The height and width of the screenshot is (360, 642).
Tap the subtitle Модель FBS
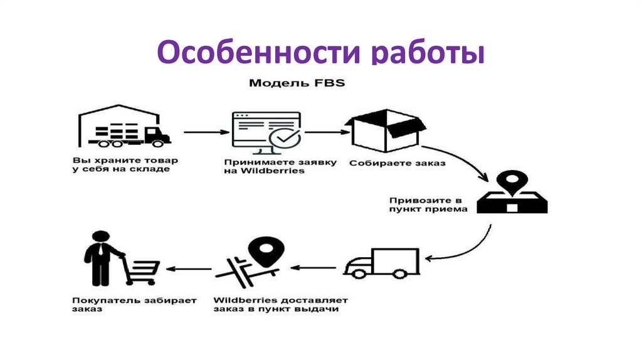tap(297, 83)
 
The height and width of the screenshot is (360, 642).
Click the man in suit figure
tap(98, 258)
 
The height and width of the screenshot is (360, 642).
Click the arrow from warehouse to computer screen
tap(206, 132)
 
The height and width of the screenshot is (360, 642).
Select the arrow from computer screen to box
tap(326, 132)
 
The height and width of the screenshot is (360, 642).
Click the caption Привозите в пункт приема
tap(427, 204)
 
